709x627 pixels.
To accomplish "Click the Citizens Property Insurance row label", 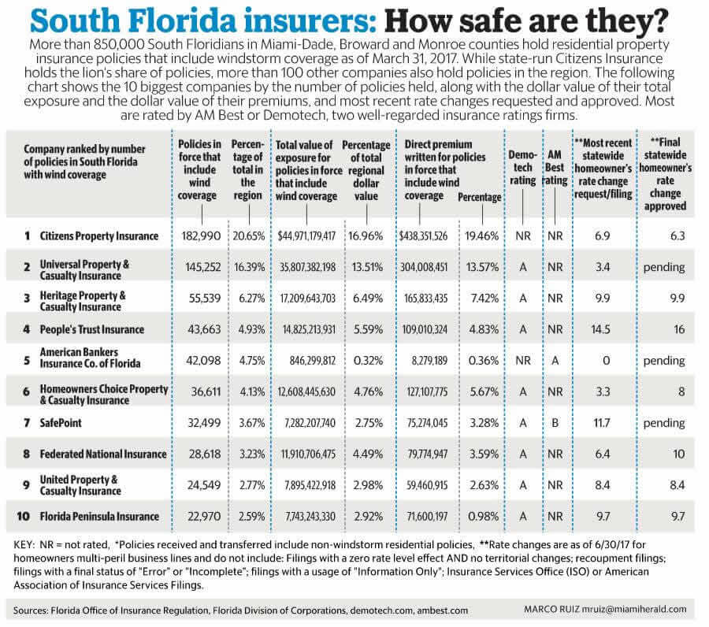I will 98,236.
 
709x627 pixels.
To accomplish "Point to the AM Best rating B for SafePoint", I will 555,422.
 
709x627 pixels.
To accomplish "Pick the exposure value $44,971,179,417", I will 306,236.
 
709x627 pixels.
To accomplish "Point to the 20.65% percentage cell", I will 249,236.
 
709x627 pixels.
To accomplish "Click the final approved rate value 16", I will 679,329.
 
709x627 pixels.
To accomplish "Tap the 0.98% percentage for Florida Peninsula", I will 481,516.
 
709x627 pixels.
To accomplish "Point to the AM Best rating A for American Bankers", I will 555,361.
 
